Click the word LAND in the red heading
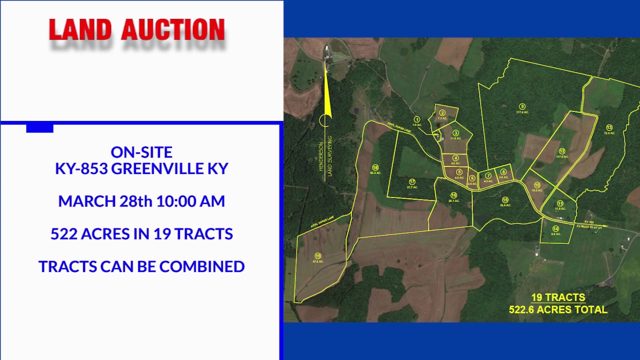point(80,30)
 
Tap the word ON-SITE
point(141,151)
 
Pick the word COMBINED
point(202,266)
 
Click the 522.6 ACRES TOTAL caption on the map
point(558,309)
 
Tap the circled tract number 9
point(522,106)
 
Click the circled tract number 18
point(375,167)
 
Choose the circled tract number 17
point(412,181)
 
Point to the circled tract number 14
point(555,229)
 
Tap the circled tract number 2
point(442,113)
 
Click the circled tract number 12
point(562,151)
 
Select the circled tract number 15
point(505,199)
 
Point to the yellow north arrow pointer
point(326,90)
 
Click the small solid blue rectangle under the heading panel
point(39,128)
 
